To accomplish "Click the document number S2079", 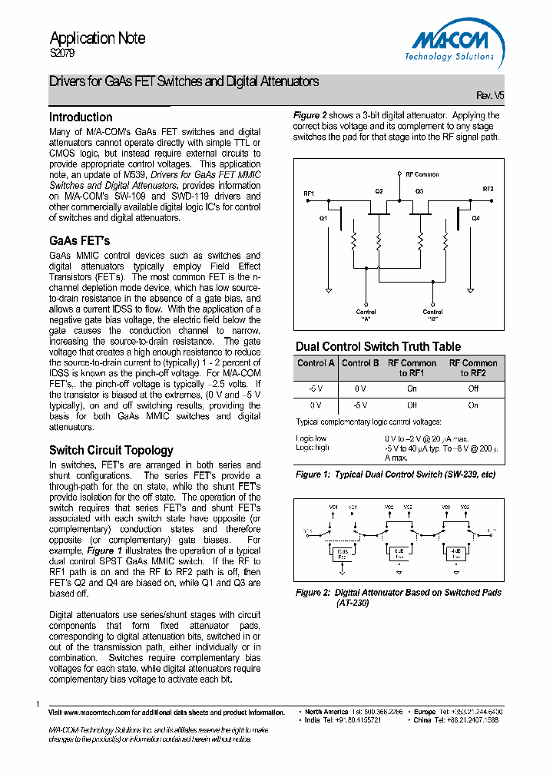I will (x=63, y=55).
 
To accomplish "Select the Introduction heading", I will (x=81, y=117).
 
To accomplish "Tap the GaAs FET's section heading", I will (x=80, y=240).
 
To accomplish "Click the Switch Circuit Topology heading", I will (x=111, y=450).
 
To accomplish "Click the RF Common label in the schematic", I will (x=422, y=174).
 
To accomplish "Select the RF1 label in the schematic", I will (x=309, y=193).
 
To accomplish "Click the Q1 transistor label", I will (x=323, y=218).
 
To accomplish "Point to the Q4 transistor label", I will (x=475, y=218).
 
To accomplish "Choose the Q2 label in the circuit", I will (x=378, y=190).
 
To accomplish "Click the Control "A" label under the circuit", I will (x=366, y=315).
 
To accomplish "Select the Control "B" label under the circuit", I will (x=432, y=315).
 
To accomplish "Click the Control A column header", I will (x=316, y=363).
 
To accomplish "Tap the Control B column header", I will (x=360, y=363).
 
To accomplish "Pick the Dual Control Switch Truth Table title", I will (x=378, y=346).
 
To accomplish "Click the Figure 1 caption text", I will (x=396, y=474).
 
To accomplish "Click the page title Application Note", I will (x=98, y=38).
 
